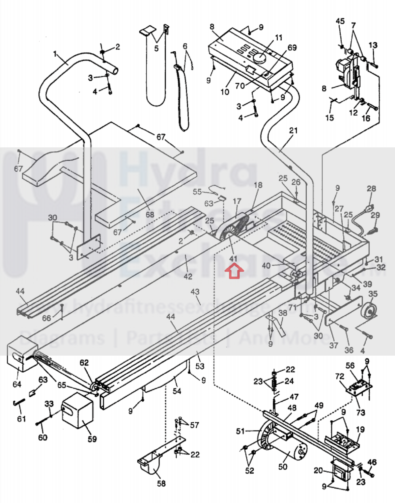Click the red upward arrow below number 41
click(234, 272)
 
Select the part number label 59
click(92, 439)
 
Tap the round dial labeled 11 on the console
click(260, 58)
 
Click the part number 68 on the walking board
click(150, 215)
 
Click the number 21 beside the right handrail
click(293, 131)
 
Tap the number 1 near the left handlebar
click(55, 53)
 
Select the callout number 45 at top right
click(340, 21)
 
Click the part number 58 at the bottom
click(161, 483)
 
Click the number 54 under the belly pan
click(177, 391)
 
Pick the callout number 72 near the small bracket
click(340, 376)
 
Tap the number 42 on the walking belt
click(188, 276)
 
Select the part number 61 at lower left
click(21, 419)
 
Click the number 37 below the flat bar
click(334, 345)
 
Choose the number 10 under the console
click(225, 92)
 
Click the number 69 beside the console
click(292, 48)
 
